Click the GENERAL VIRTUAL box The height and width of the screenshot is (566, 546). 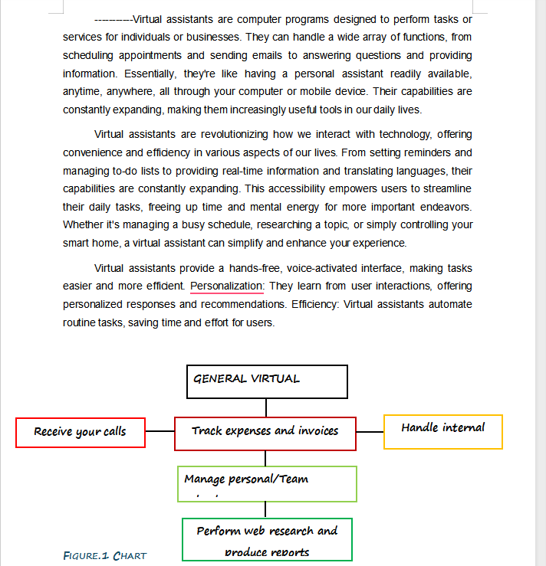coord(267,381)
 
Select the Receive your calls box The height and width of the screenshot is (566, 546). coord(81,432)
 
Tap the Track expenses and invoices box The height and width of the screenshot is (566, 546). coord(265,433)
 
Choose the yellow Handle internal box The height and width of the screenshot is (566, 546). coord(442,431)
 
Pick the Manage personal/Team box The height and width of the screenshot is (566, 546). coord(267,483)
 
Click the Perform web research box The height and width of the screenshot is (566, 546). coord(267,539)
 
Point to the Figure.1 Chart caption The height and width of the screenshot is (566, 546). coord(104,555)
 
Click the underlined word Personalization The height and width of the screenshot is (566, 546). coord(227,286)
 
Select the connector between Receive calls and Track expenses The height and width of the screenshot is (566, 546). coord(160,431)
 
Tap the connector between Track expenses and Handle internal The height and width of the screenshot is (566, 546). coord(370,432)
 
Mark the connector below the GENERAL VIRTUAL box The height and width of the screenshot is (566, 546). coord(266,407)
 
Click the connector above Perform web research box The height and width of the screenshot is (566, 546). coord(266,509)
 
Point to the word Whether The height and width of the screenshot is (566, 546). coord(83,225)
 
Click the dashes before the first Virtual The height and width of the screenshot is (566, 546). coord(113,18)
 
